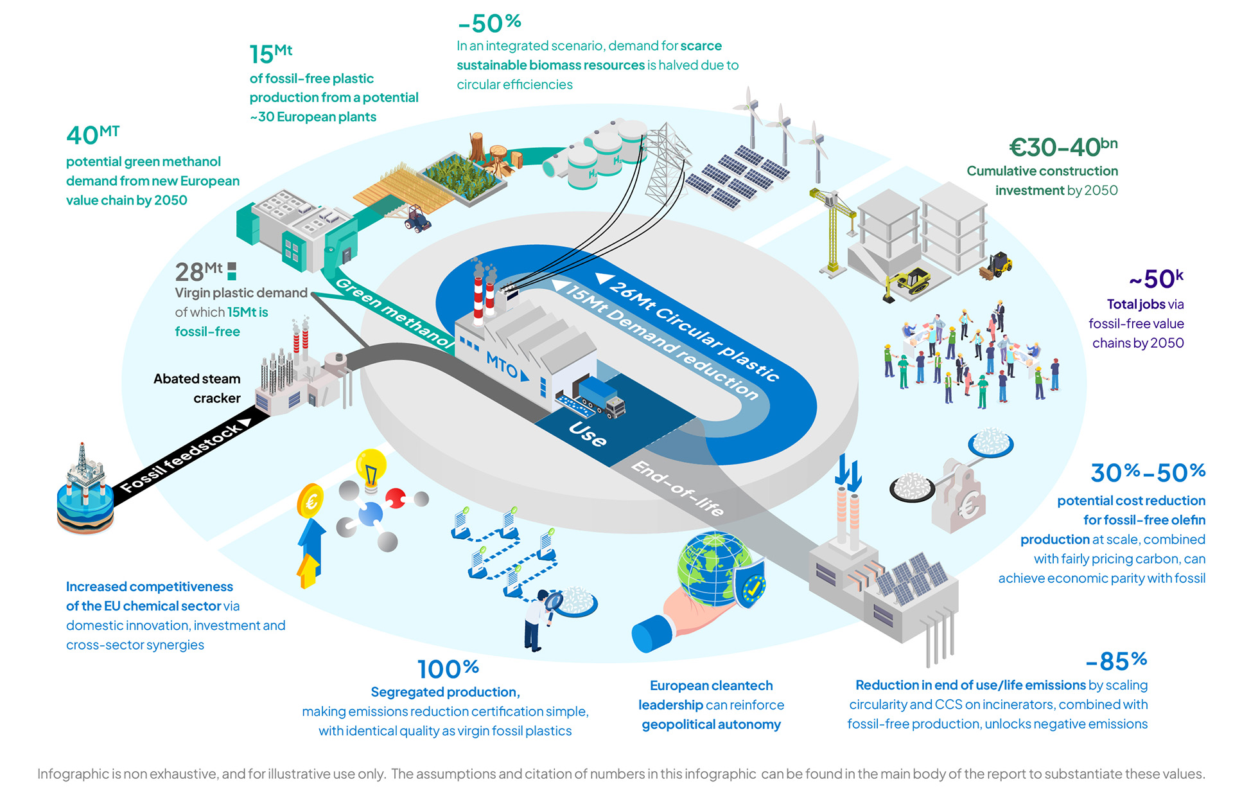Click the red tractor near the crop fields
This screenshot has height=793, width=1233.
point(417,218)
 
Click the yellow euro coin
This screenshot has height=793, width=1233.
point(311,501)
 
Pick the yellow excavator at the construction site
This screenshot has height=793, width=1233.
point(908,283)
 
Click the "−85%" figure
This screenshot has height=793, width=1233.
point(1116,661)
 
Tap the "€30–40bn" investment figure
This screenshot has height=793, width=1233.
point(1063,147)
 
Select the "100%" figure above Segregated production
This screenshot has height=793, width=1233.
point(448,669)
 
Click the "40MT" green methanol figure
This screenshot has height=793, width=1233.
point(92,135)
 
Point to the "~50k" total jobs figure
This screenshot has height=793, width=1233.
point(1156,279)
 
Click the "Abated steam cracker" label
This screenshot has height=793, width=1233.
point(197,388)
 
